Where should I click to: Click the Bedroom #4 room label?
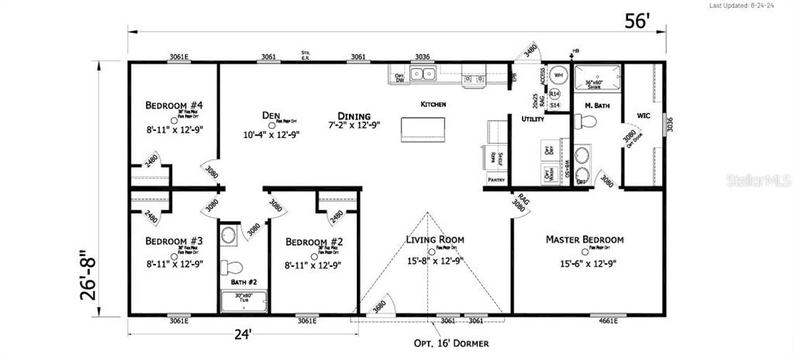click(x=174, y=106)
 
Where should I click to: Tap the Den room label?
click(x=271, y=116)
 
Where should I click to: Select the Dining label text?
click(x=354, y=116)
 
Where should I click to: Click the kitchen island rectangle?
click(x=423, y=129)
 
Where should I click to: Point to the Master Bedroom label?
click(x=585, y=240)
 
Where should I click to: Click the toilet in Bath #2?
click(x=230, y=268)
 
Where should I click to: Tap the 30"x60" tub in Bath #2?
click(x=244, y=301)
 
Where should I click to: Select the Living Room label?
click(x=434, y=239)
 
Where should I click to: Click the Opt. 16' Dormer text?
click(x=451, y=342)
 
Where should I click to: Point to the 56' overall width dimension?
click(x=636, y=22)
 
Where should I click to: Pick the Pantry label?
click(x=496, y=179)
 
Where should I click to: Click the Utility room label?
click(x=533, y=119)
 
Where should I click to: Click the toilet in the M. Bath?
click(x=588, y=122)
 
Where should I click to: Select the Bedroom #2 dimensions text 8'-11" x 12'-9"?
click(x=313, y=265)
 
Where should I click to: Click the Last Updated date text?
click(x=748, y=5)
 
